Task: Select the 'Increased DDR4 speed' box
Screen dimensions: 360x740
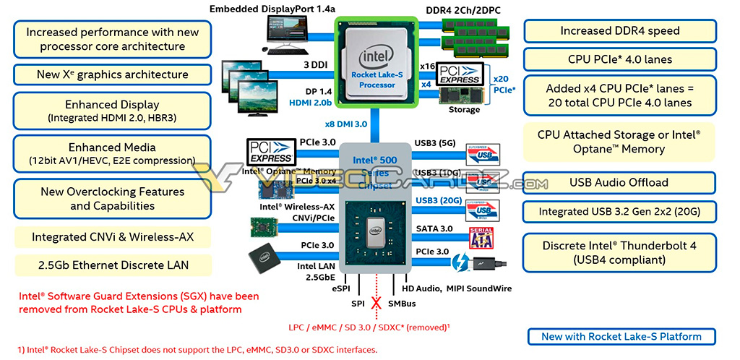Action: click(x=619, y=31)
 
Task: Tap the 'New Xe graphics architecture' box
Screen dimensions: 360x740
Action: click(x=112, y=74)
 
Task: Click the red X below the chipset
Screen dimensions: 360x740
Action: click(x=376, y=304)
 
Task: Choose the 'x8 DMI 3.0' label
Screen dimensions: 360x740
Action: click(x=346, y=124)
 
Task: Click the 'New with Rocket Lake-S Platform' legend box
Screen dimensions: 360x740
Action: click(x=621, y=336)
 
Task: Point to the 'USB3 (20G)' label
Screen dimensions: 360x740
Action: click(x=437, y=201)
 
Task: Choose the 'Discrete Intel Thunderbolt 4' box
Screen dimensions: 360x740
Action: click(x=619, y=252)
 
